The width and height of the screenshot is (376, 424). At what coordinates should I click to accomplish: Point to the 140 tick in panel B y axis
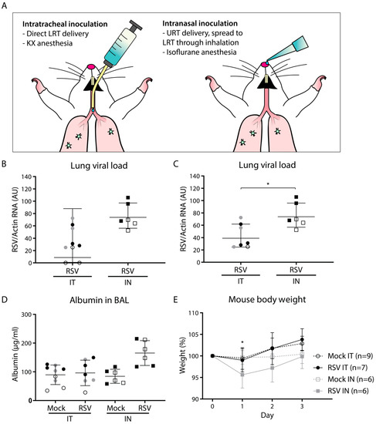pyautogui.click(x=39, y=177)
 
